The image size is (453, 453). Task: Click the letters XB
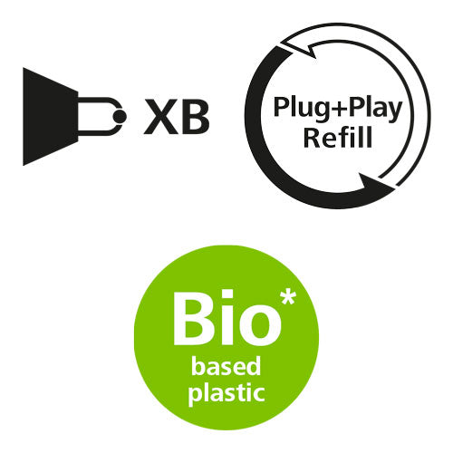click(x=177, y=116)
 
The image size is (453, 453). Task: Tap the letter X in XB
click(x=160, y=116)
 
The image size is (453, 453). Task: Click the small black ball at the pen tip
click(x=120, y=116)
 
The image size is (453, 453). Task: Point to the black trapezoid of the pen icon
click(x=51, y=116)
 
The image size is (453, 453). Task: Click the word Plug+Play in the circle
click(x=338, y=108)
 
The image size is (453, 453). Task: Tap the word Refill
click(x=337, y=138)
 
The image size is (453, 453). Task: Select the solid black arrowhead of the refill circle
click(x=374, y=184)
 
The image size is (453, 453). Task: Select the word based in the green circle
click(x=226, y=365)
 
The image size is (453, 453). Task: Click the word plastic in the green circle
click(x=226, y=392)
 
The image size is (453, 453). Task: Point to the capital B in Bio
click(x=191, y=318)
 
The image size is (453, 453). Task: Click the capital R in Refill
click(x=312, y=138)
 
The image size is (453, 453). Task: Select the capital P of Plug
click(x=281, y=107)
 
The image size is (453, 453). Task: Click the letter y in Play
click(x=394, y=112)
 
